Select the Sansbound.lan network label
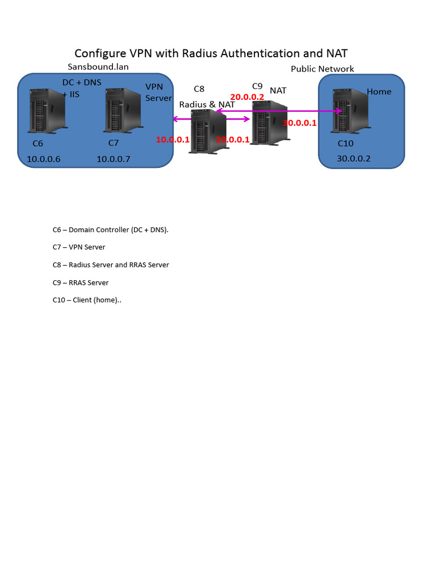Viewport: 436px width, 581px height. (98, 67)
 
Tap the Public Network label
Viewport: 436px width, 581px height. (322, 69)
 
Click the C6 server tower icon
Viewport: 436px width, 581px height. (48, 110)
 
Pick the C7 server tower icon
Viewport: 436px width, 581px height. (122, 110)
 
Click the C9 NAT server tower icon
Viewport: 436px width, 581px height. (269, 123)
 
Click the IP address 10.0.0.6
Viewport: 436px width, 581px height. (43, 159)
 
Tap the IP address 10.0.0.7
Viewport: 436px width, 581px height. (113, 159)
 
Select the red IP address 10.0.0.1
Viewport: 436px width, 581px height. (173, 140)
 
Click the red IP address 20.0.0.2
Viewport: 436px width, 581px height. (247, 97)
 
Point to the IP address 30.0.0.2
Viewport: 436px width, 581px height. (353, 159)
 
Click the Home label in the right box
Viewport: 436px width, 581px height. (379, 92)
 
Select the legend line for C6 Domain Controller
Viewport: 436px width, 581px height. (110, 230)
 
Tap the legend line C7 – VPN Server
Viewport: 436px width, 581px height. (78, 247)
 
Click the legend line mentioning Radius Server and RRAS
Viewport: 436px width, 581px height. (110, 265)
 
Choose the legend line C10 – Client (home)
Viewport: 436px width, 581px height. (87, 300)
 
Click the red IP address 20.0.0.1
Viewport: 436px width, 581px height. (233, 140)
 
